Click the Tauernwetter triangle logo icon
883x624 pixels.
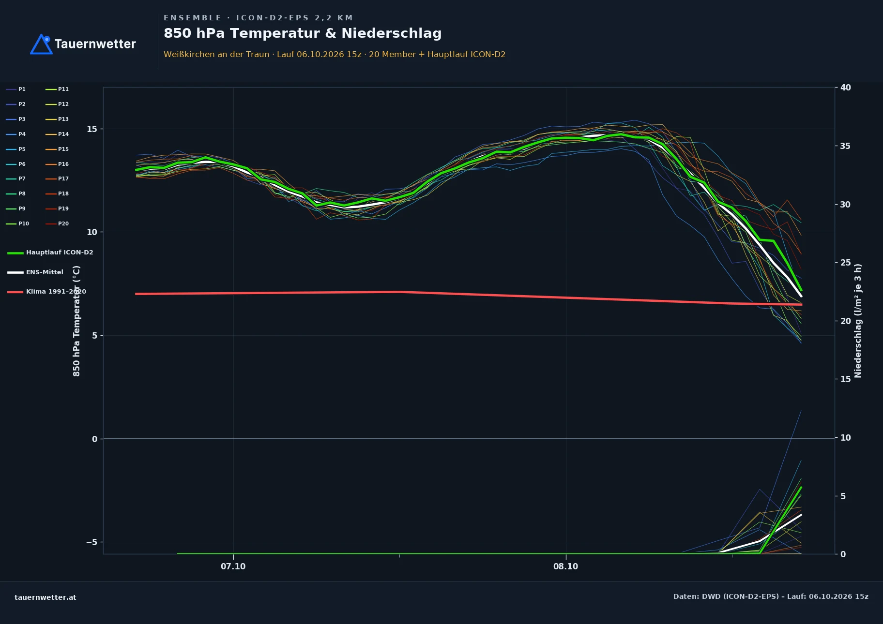point(41,44)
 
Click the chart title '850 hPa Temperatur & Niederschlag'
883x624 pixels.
point(303,33)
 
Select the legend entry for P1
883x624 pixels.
point(15,89)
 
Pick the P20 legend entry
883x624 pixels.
point(57,223)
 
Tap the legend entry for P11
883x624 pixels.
point(57,89)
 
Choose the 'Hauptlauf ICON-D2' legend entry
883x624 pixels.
point(50,253)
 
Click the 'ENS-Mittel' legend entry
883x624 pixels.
point(35,272)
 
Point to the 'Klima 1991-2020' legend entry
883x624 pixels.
point(47,292)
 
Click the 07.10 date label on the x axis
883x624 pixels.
point(233,566)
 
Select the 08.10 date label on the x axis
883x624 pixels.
point(566,566)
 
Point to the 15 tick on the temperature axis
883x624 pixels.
point(92,129)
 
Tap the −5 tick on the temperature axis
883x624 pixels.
point(91,542)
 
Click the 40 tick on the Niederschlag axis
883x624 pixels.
point(846,88)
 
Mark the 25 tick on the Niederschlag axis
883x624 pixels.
point(846,263)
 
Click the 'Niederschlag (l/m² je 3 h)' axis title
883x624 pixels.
point(858,321)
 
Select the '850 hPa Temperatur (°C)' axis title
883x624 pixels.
point(76,321)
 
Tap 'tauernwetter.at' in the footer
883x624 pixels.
point(46,597)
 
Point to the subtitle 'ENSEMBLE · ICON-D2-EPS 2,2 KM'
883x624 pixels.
point(259,18)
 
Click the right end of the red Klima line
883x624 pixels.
point(802,304)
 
